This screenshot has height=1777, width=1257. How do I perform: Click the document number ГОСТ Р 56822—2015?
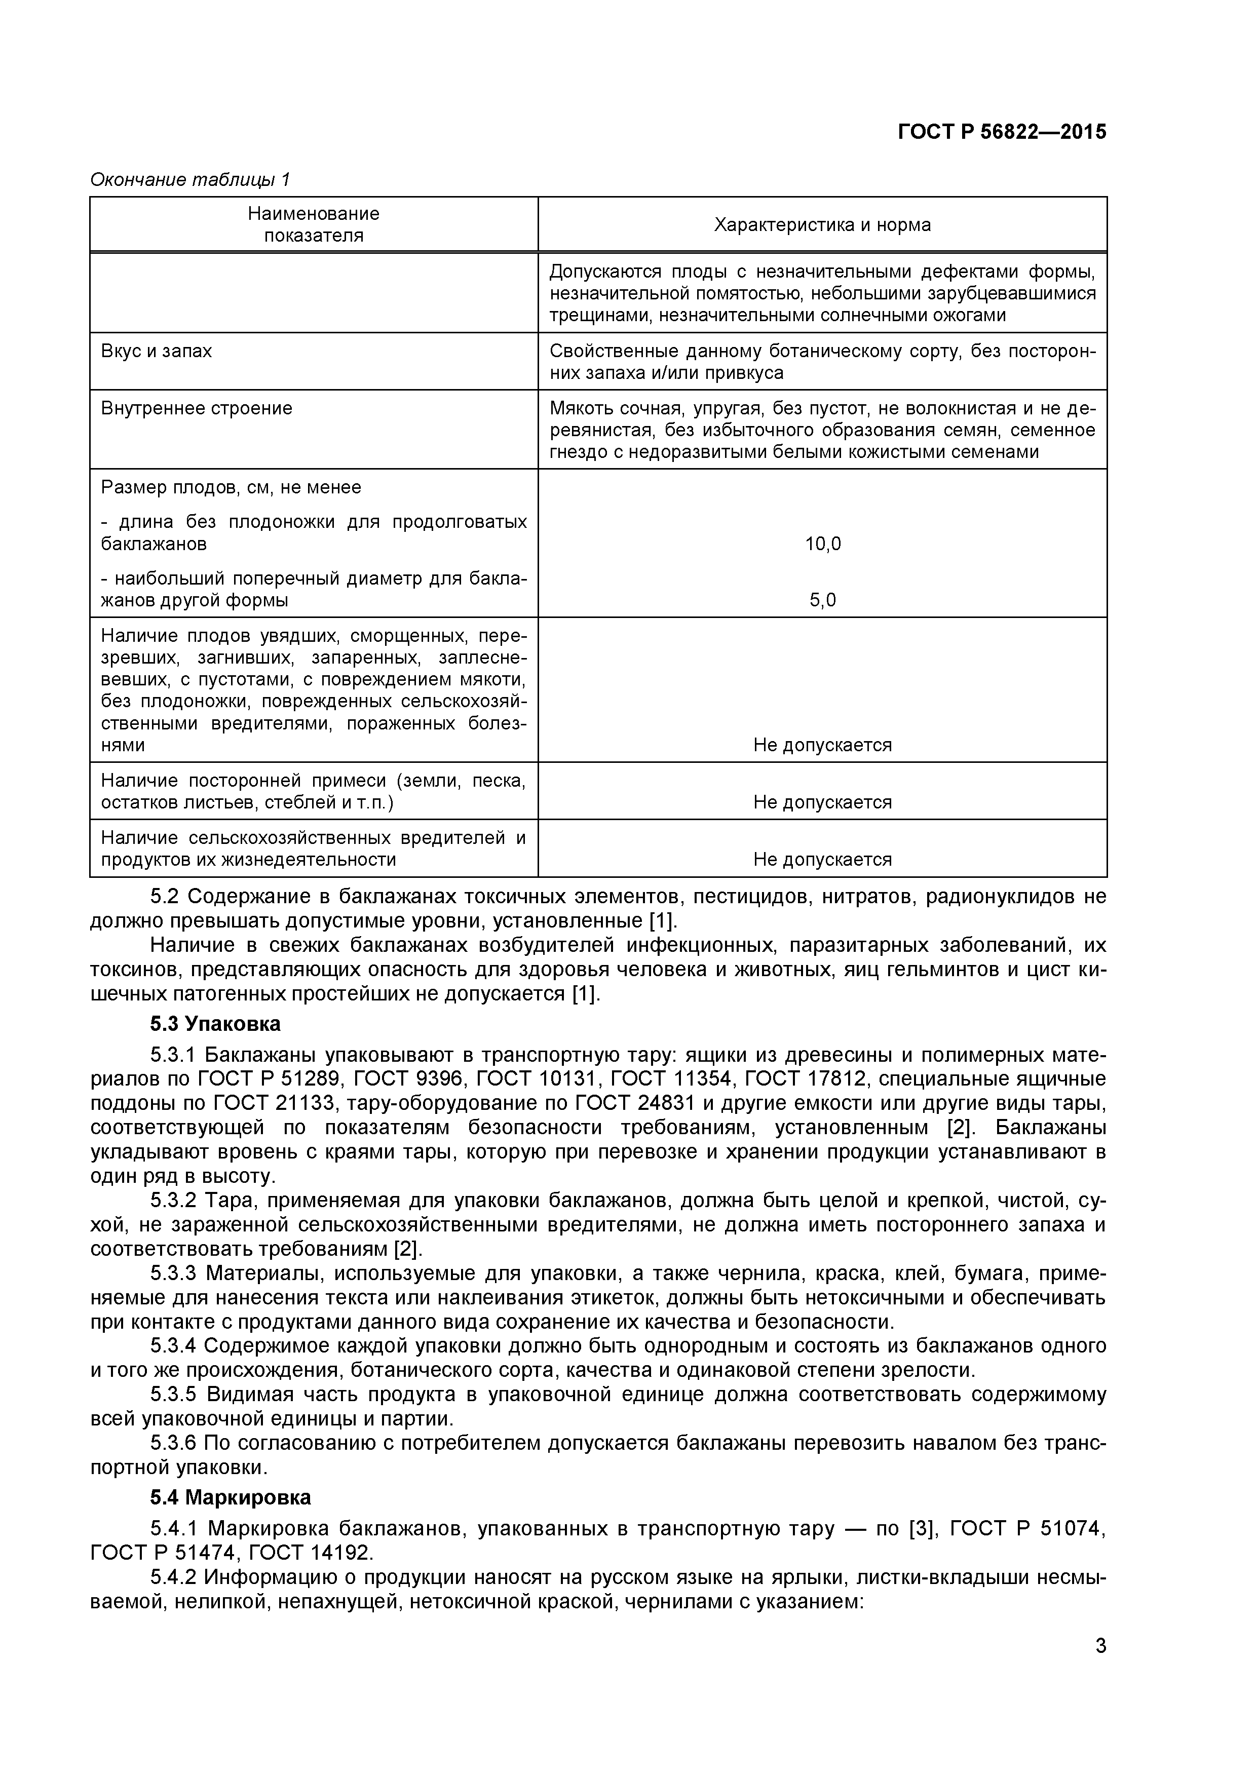click(1002, 132)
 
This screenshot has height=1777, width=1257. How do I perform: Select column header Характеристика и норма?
click(822, 225)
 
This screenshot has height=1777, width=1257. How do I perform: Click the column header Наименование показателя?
click(314, 224)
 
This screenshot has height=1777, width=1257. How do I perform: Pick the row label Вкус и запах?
click(157, 352)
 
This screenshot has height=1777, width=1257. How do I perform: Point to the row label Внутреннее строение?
click(197, 409)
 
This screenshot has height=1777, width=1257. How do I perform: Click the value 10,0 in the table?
click(822, 544)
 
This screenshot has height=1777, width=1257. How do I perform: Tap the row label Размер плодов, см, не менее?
click(231, 488)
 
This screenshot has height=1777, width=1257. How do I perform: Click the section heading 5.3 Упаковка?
click(215, 1024)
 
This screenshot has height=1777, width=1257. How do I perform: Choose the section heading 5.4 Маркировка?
click(231, 1497)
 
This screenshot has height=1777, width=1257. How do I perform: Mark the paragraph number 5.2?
click(164, 897)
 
